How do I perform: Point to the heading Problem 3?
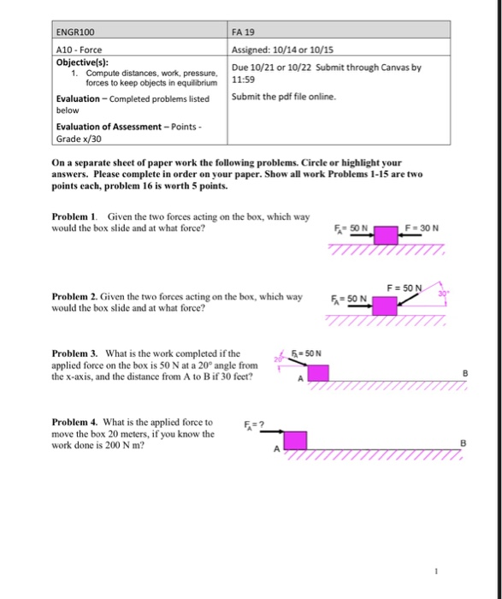(x=75, y=353)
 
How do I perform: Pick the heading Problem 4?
(x=75, y=423)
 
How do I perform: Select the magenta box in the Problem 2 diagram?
(x=385, y=305)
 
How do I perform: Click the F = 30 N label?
(x=424, y=228)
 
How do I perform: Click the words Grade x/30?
(x=80, y=138)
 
